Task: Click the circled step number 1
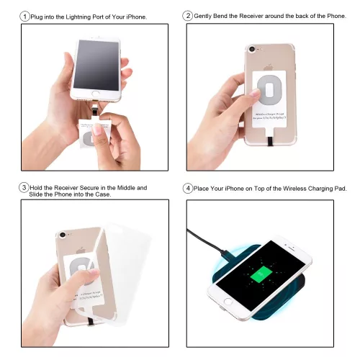click(x=25, y=16)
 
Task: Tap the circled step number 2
click(x=188, y=16)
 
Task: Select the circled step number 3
click(x=24, y=188)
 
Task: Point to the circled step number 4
click(x=188, y=189)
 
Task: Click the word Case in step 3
click(x=102, y=195)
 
